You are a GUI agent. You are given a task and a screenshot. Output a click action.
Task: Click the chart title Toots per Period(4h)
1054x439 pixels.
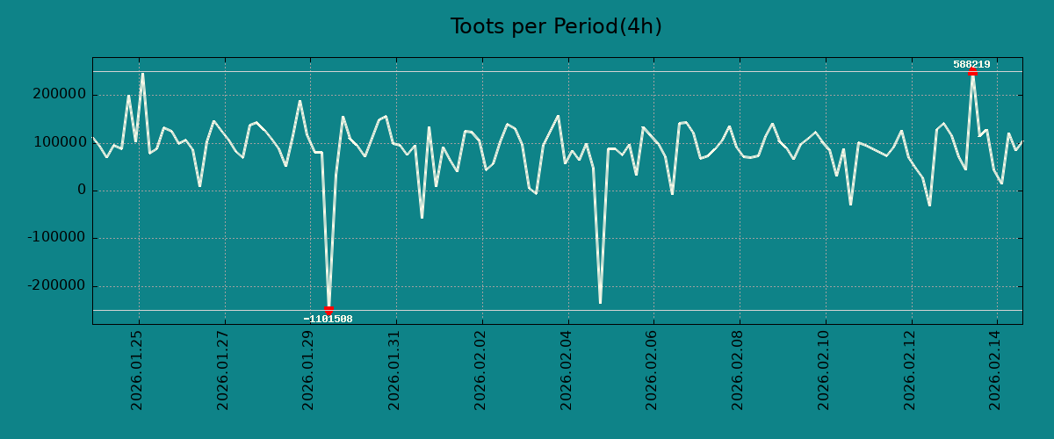[556, 27]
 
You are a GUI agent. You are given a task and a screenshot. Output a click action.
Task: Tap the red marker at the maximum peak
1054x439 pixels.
[972, 71]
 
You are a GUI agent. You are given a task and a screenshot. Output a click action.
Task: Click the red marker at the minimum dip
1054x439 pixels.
[328, 310]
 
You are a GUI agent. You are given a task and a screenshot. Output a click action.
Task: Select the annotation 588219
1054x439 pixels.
[971, 64]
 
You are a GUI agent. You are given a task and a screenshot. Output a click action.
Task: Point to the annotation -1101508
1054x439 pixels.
[328, 319]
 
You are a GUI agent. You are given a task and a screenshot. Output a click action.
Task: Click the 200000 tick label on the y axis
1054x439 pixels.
[57, 95]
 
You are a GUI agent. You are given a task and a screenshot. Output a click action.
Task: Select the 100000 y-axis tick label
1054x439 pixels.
[57, 142]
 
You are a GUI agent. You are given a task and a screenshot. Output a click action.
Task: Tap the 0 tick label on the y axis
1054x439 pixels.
[81, 191]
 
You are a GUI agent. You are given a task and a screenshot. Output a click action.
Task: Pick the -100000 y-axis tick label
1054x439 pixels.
[54, 238]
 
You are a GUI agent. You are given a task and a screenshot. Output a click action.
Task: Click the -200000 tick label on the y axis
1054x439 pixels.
[54, 286]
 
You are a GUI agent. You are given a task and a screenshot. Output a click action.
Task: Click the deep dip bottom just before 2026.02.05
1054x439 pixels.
[600, 303]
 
